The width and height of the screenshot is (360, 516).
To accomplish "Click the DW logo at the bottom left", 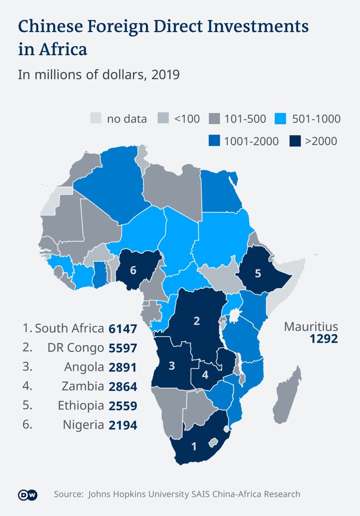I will pos(27,495).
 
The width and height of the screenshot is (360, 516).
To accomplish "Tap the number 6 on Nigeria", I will pos(133,270).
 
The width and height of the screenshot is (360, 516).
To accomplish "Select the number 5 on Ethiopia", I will pos(258,273).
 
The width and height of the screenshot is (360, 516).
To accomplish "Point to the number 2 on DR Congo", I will pos(196,321).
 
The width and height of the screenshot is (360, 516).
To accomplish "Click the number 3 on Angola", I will pos(172,366).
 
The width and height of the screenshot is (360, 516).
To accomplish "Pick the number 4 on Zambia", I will pos(205,374).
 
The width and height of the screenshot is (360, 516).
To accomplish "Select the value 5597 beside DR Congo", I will pos(123,348).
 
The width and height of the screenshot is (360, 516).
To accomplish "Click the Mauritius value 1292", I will pos(324,339).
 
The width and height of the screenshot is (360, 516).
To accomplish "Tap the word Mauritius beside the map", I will pos(311,327).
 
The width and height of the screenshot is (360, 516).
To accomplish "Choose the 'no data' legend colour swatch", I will pos(96,119).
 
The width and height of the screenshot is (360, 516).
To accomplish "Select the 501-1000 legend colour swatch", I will pos(282,119).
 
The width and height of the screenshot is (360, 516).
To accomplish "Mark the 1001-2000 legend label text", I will pos(251,142).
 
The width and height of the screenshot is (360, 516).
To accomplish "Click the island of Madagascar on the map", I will pos(286,396).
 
